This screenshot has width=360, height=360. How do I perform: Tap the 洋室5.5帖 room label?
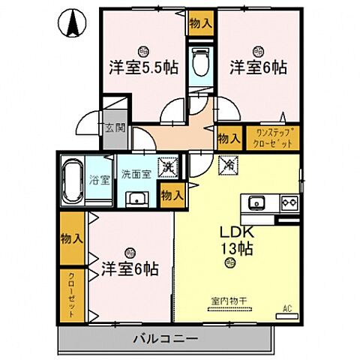pos(143,67)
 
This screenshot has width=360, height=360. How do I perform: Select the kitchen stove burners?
pos(289,202)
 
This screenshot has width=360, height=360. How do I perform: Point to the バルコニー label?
pos(167,339)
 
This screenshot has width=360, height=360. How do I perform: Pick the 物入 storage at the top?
pos(200,22)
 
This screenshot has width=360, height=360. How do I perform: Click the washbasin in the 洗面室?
pos(136,198)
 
